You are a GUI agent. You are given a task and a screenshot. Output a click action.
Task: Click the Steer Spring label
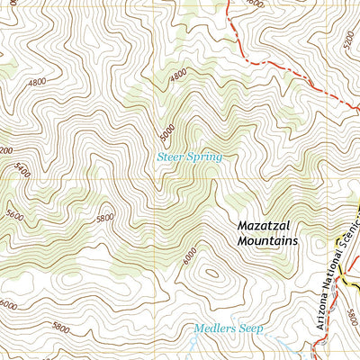[189, 157]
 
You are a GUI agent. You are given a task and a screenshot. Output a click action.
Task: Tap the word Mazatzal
[266, 227]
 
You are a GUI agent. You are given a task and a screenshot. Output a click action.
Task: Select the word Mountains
[267, 241]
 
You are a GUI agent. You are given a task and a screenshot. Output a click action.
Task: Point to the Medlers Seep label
[229, 329]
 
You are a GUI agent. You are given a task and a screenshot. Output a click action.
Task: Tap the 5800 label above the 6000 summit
[106, 218]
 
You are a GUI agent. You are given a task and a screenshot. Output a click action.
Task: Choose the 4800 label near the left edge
[38, 82]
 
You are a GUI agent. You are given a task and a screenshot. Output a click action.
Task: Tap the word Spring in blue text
[204, 157]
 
